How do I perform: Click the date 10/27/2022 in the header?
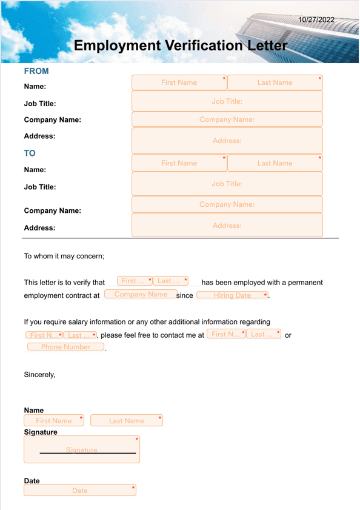316,20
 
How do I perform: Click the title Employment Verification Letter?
180,45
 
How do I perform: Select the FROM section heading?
36,71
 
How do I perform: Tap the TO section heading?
30,153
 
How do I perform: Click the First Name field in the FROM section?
179,82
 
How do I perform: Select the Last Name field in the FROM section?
275,82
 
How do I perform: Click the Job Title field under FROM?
227,101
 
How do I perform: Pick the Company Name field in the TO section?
227,204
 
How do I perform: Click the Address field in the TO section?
227,226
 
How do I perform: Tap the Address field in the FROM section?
227,141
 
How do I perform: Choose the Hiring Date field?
232,295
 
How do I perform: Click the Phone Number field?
65,347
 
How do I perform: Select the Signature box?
81,450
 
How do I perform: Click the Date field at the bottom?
79,490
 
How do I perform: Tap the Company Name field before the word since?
140,294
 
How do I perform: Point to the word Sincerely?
39,375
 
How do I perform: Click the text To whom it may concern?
64,256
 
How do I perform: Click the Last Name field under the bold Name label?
126,420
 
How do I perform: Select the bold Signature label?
41,432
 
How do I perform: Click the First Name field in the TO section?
179,163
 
